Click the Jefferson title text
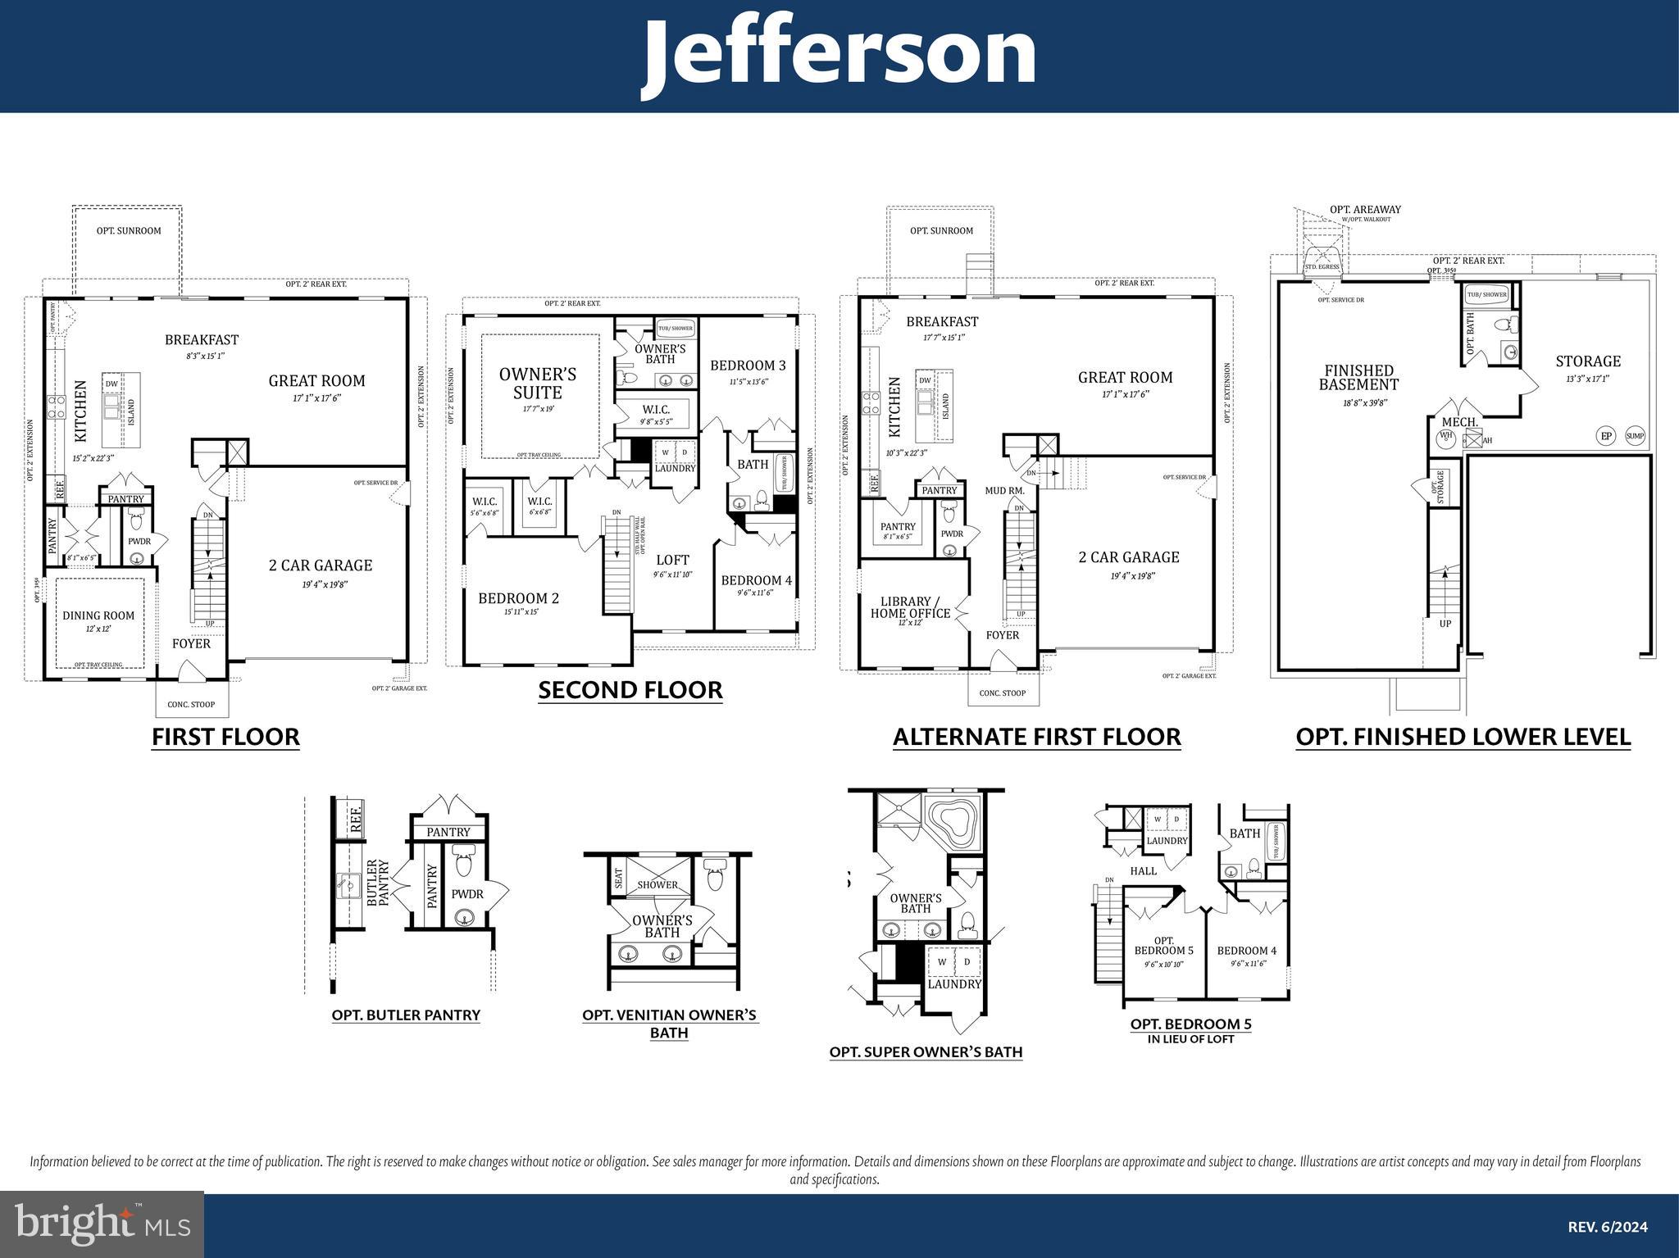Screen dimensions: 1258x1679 (x=839, y=54)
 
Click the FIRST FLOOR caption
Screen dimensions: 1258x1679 (x=225, y=737)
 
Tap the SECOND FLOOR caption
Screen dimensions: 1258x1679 (x=630, y=690)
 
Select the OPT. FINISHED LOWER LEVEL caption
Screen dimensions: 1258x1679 (x=1463, y=737)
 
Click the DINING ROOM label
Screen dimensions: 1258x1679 (x=98, y=615)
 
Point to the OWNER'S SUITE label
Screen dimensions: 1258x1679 (x=538, y=383)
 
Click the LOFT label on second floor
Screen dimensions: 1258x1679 (x=672, y=561)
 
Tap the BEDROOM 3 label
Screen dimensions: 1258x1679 (x=748, y=366)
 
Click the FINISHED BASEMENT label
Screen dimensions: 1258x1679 (x=1358, y=377)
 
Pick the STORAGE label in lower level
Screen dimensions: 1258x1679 (x=1588, y=361)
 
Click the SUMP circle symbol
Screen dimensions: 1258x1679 (x=1635, y=436)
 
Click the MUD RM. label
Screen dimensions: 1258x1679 (x=1004, y=491)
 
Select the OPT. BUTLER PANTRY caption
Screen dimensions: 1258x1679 (x=406, y=1015)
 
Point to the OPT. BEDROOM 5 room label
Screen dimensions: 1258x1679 (x=1163, y=946)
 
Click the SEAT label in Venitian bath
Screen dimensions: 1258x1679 (x=618, y=879)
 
